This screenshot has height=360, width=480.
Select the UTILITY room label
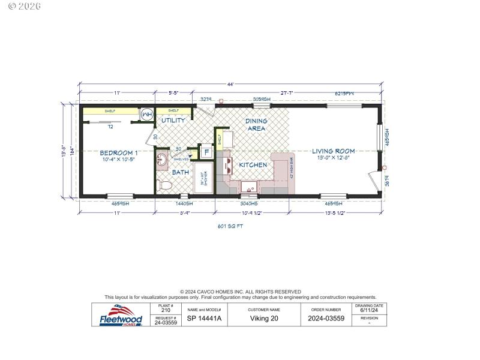pos(173,121)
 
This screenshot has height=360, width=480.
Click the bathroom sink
pos(162,161)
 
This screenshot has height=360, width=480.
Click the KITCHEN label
pos(253,164)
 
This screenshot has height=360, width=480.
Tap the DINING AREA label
pos(256,125)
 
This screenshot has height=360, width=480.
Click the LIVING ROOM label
pos(333,151)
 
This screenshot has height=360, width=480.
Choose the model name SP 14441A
pos(205,319)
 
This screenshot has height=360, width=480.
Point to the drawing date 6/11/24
pos(370,311)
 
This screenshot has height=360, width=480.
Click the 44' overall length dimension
pos(229,84)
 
